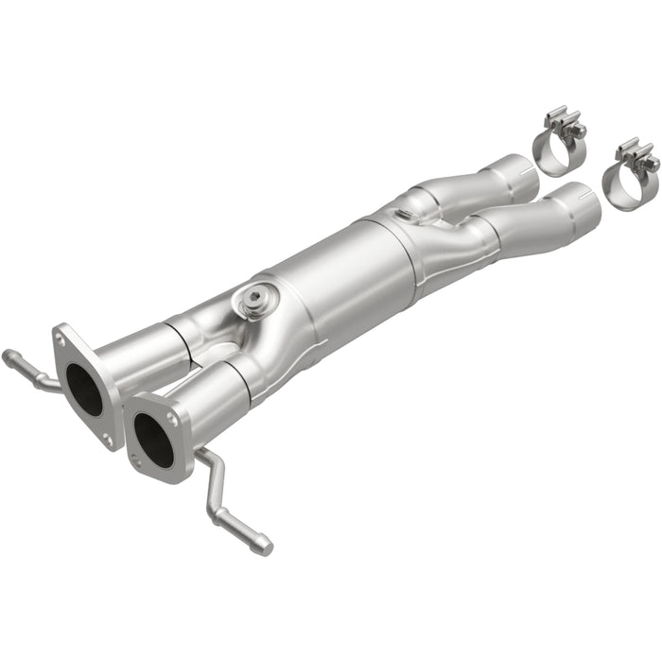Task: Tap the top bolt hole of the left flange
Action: coord(62,336)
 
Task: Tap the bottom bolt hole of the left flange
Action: coord(108,439)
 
